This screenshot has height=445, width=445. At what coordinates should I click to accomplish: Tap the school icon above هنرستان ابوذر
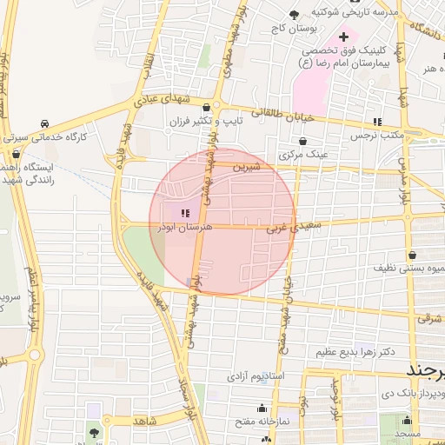tap(183, 213)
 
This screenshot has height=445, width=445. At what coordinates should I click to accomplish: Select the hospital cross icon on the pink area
tap(344, 37)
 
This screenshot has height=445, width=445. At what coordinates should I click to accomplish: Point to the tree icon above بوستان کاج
tap(294, 15)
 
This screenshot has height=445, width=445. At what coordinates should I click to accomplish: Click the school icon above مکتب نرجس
tap(376, 122)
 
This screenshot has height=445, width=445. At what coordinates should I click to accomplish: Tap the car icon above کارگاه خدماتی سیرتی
tap(44, 123)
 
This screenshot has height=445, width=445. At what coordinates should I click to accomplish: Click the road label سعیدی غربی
tap(287, 228)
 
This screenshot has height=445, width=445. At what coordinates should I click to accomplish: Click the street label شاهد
tap(145, 422)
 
